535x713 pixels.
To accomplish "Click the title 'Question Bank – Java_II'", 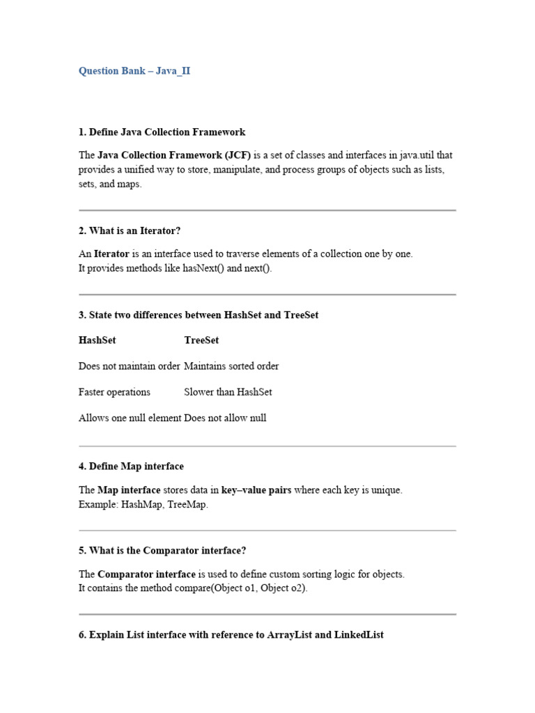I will click(x=134, y=71).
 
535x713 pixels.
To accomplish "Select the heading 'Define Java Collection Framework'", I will click(x=167, y=132).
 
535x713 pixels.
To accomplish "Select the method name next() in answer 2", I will click(x=256, y=269).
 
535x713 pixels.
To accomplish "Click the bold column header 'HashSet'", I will click(x=98, y=340).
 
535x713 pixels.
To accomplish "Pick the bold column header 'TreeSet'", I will click(x=201, y=340).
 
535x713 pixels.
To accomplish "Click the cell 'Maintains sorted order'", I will click(x=231, y=366).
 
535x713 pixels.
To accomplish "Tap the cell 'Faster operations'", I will click(x=114, y=392).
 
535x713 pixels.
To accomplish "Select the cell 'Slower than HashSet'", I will click(x=228, y=392).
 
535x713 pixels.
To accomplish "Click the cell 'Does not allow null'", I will click(x=225, y=418).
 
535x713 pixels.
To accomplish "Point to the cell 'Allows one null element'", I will click(x=130, y=418).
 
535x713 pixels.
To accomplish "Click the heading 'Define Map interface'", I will click(x=137, y=467).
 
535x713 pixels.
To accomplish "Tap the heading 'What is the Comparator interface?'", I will click(x=167, y=551).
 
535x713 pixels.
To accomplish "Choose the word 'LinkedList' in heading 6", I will click(x=359, y=635).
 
